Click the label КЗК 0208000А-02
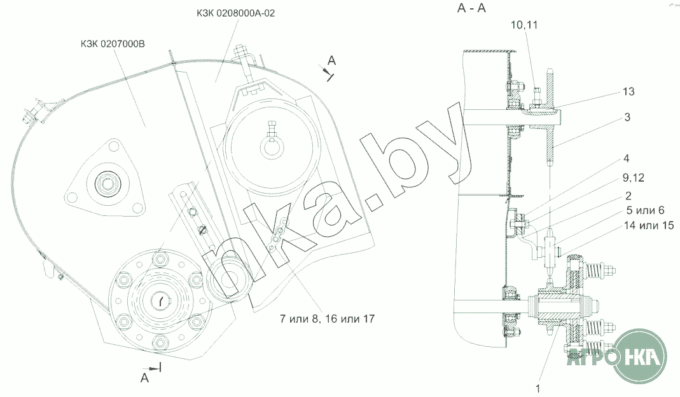click(235, 13)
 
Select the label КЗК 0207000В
click(113, 44)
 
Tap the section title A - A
click(471, 8)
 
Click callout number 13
click(628, 91)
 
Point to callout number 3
click(628, 117)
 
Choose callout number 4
click(626, 158)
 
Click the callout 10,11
click(524, 25)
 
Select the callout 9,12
click(633, 177)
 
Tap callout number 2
click(628, 196)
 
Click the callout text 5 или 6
click(645, 210)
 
